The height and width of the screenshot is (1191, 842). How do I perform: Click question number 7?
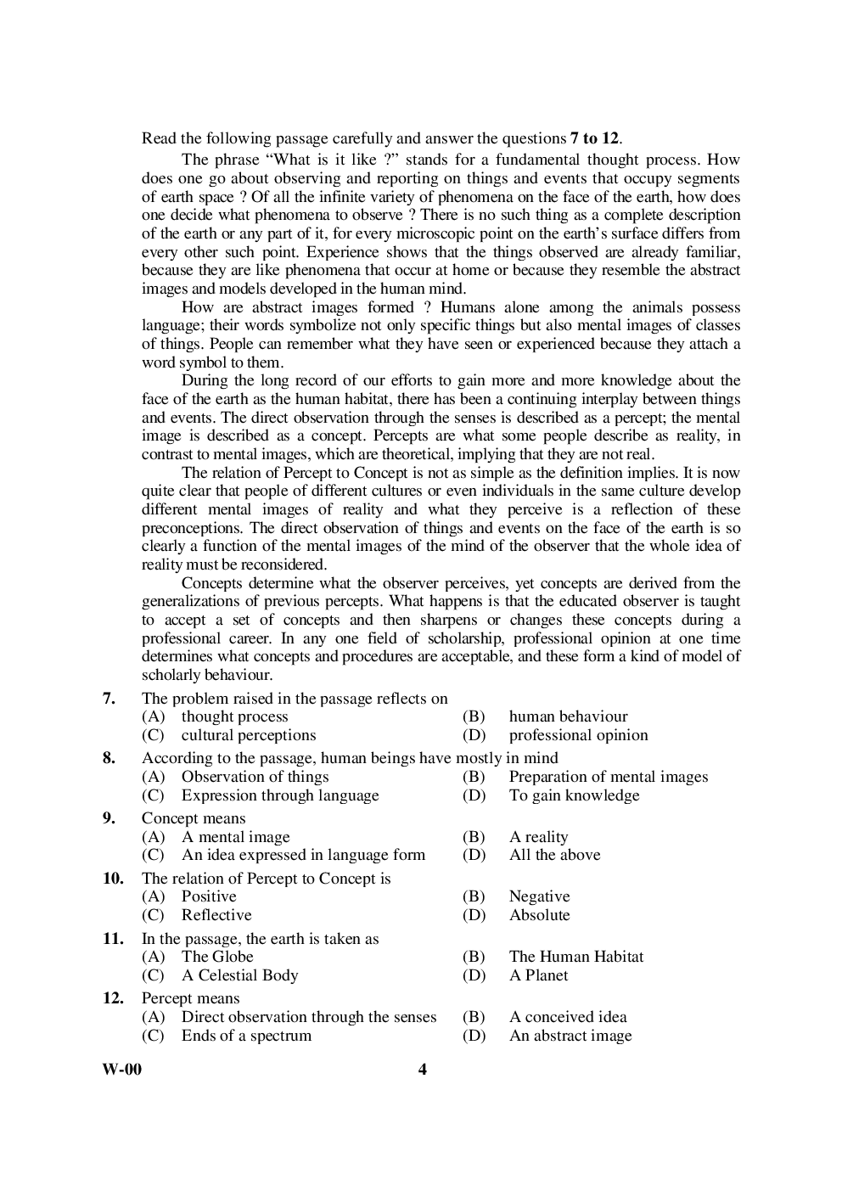[x=109, y=699]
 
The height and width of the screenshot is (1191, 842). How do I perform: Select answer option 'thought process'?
[x=234, y=717]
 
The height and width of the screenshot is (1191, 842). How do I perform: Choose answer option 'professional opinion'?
[x=578, y=736]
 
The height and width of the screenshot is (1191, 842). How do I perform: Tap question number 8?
[x=109, y=758]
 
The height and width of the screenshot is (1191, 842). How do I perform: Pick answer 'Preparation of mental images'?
[x=608, y=777]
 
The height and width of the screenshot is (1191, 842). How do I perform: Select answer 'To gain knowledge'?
[x=574, y=795]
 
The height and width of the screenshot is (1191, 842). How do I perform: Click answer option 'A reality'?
[x=538, y=837]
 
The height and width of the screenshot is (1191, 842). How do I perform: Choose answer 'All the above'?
[x=554, y=855]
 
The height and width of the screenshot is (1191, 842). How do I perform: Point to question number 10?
[x=113, y=879]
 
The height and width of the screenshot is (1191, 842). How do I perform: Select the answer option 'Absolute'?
[x=539, y=915]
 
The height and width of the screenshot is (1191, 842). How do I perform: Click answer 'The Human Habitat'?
[x=575, y=957]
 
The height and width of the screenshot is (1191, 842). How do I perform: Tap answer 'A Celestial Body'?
[x=239, y=975]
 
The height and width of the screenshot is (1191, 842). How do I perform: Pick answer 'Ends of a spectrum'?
[x=246, y=1036]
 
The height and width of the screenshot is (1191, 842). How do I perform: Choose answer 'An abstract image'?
[x=570, y=1036]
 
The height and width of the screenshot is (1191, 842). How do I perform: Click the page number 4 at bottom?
[x=423, y=1070]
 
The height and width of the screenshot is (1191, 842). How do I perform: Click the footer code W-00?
[x=121, y=1070]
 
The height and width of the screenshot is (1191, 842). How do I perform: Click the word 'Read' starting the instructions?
[x=159, y=138]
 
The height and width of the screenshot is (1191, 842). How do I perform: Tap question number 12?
[x=113, y=998]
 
